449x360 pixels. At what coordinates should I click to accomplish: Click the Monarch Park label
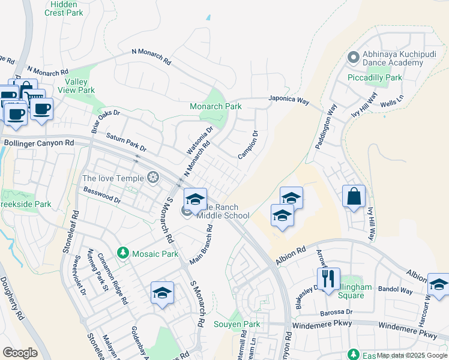click(x=215, y=106)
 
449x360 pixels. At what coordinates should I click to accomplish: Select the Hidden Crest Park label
click(x=63, y=8)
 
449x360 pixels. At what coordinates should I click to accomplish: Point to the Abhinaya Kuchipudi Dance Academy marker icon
click(x=353, y=58)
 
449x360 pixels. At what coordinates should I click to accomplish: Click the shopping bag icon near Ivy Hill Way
click(x=354, y=196)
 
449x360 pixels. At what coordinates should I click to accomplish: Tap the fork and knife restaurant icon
click(x=328, y=278)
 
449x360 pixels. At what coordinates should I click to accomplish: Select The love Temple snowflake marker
click(x=154, y=178)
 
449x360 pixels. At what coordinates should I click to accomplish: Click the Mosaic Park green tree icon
click(x=122, y=253)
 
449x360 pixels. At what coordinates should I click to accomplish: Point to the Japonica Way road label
click(x=288, y=100)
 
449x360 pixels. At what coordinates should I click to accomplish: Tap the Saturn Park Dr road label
click(x=126, y=143)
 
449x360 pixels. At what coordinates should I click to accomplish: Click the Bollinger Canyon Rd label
click(x=39, y=143)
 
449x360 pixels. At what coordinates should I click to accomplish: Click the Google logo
click(x=20, y=353)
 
